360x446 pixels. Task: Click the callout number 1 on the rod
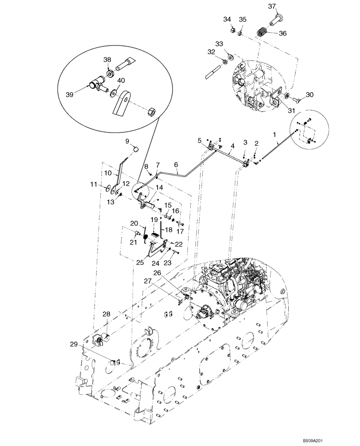point(274,134)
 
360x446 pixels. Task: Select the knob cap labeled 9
point(137,149)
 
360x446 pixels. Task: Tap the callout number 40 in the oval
point(121,81)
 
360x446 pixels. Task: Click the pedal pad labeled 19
point(155,235)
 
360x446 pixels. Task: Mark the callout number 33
point(218,44)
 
